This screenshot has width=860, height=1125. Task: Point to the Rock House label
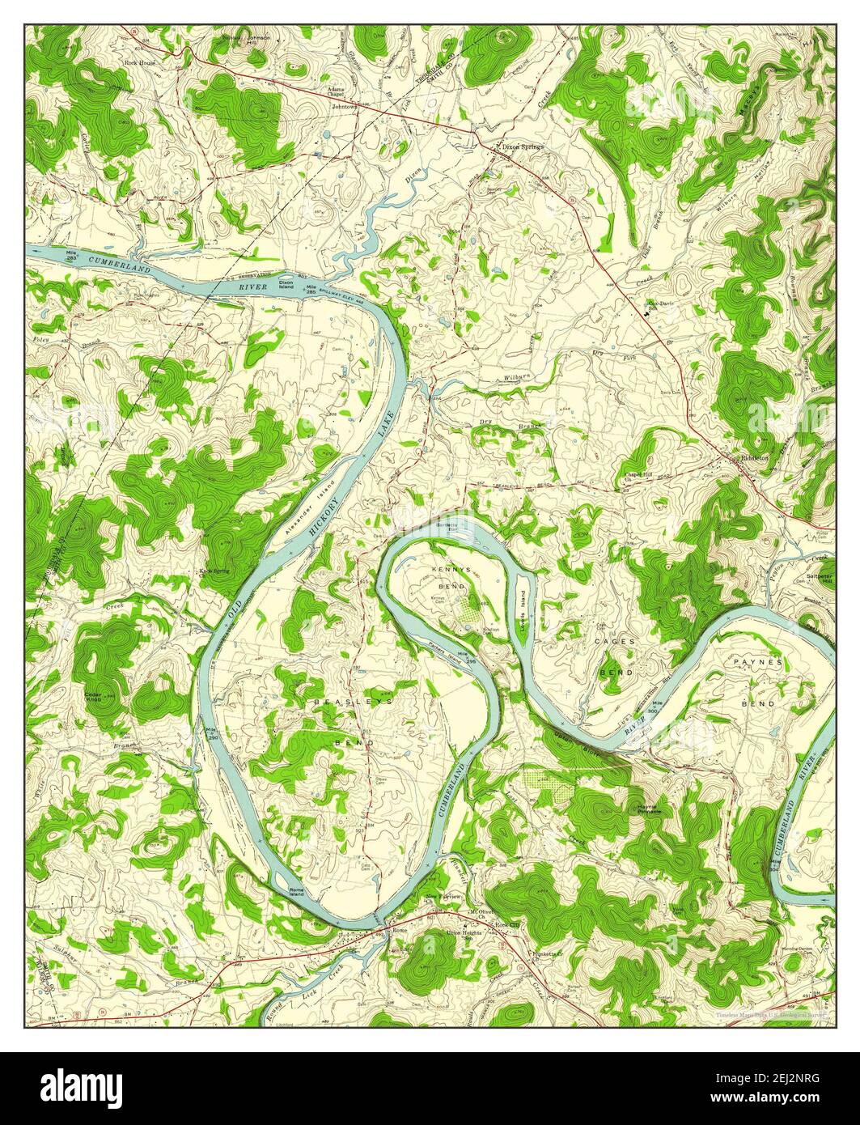coord(138,62)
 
